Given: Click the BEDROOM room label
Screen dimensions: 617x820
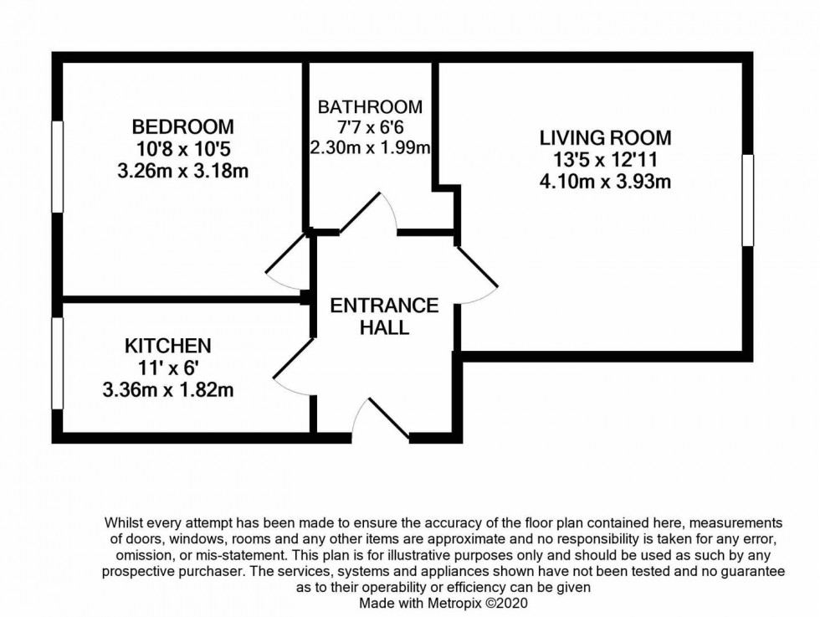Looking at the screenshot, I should point(183,127).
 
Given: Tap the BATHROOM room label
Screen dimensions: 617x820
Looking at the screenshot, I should point(370,107).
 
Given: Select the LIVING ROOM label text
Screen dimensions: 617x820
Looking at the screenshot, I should point(605,137).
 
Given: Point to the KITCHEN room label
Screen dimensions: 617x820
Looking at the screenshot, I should point(168,345).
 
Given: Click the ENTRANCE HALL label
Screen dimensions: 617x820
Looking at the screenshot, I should point(384,316).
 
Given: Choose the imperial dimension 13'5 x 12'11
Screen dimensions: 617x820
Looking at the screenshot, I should point(605,159).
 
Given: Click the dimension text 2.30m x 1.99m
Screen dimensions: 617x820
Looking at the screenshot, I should point(370,149).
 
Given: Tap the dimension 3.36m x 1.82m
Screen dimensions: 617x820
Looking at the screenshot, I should point(168,389).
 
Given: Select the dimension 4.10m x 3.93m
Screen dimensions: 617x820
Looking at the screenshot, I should point(605,181).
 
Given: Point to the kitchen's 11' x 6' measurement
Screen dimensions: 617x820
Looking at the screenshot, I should point(168,367).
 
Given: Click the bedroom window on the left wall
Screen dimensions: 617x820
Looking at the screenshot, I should point(57,167).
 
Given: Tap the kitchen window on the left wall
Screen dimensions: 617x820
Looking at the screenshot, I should point(57,362).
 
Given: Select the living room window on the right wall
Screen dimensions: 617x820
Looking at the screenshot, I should point(747,200).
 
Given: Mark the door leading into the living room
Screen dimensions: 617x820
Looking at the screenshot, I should point(477,275).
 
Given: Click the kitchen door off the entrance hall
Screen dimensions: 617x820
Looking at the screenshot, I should point(293,367).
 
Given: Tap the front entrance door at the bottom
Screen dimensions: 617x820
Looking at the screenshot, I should point(382,419).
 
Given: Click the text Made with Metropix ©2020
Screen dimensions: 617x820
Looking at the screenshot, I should point(443,603).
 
